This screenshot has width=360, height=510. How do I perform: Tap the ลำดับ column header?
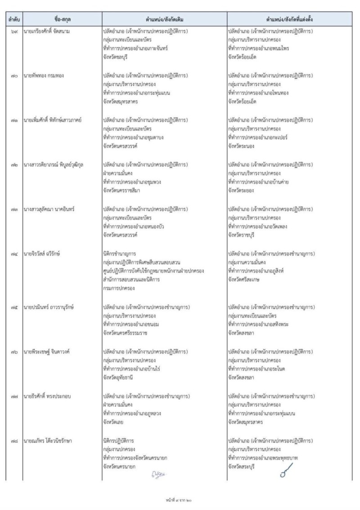[x=13, y=20]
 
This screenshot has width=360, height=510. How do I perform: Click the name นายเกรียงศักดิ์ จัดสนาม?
[x=47, y=32]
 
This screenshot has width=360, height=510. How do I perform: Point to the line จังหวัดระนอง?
[x=242, y=146]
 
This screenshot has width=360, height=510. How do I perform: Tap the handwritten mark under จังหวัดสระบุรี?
[x=283, y=474]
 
